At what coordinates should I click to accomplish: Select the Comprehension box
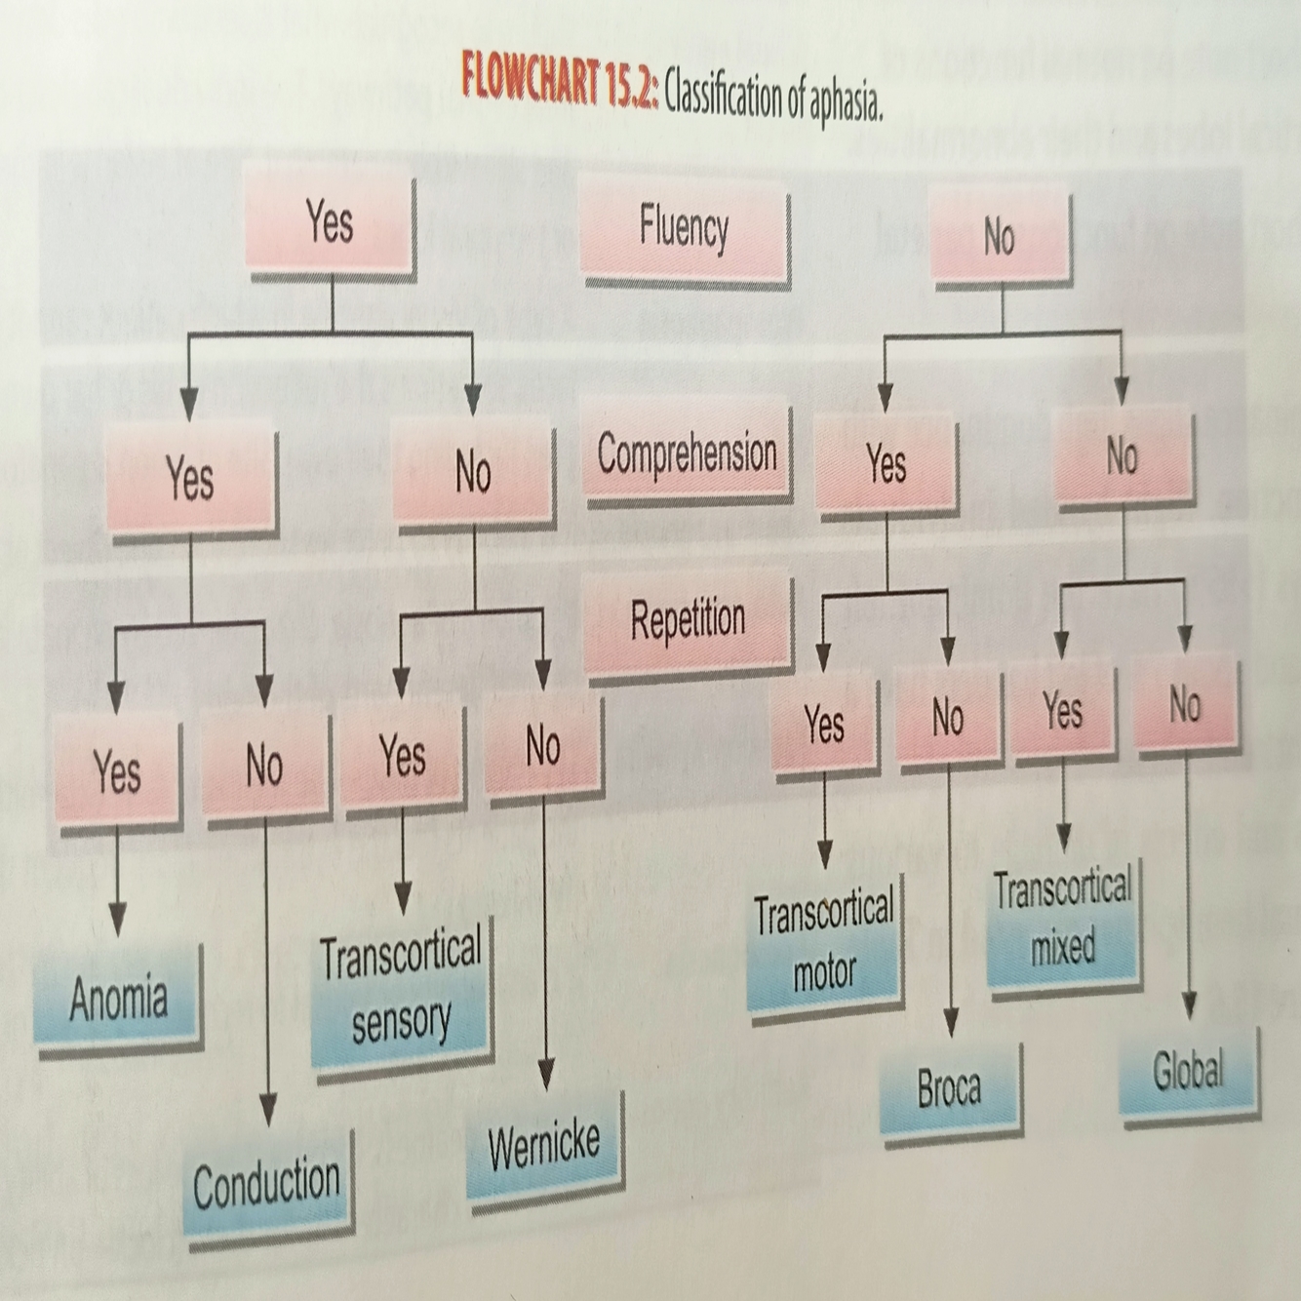pyautogui.click(x=688, y=455)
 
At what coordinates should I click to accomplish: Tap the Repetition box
pyautogui.click(x=688, y=621)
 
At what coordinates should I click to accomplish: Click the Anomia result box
pyautogui.click(x=118, y=998)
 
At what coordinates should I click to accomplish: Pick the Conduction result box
pyautogui.click(x=266, y=1185)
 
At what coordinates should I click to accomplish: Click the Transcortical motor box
pyautogui.click(x=825, y=943)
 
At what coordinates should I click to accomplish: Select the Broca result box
pyautogui.click(x=949, y=1087)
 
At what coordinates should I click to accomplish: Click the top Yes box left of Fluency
pyautogui.click(x=330, y=223)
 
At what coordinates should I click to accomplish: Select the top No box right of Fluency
pyautogui.click(x=1000, y=237)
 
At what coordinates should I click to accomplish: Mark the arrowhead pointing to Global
pyautogui.click(x=1188, y=1005)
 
